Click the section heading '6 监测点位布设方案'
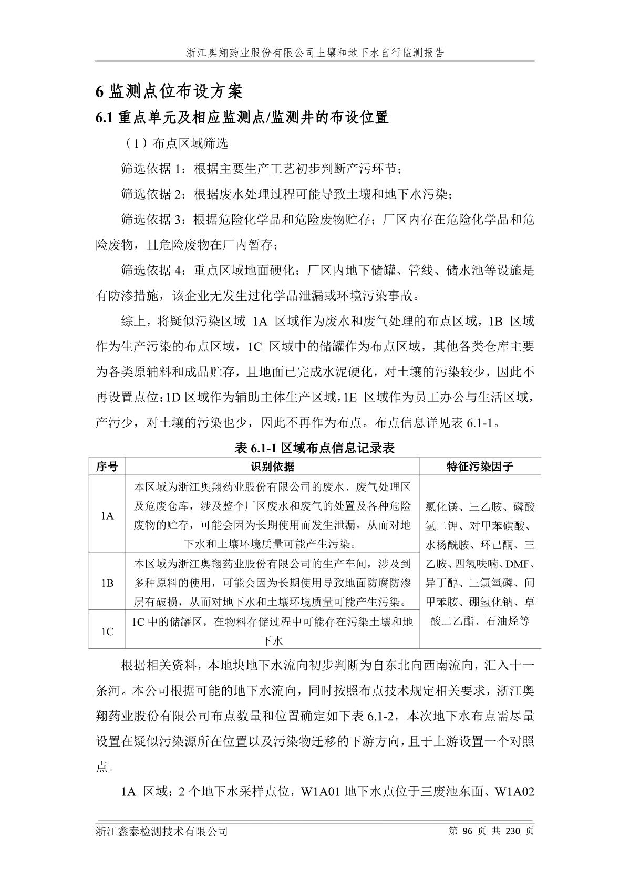pos(169,92)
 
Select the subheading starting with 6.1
pos(242,118)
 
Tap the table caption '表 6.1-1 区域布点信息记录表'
pos(315,448)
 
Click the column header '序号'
pos(107,467)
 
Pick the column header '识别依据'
pos(272,467)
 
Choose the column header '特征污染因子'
pos(479,467)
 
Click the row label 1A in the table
pos(107,516)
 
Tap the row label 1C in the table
pos(107,631)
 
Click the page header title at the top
pos(315,53)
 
